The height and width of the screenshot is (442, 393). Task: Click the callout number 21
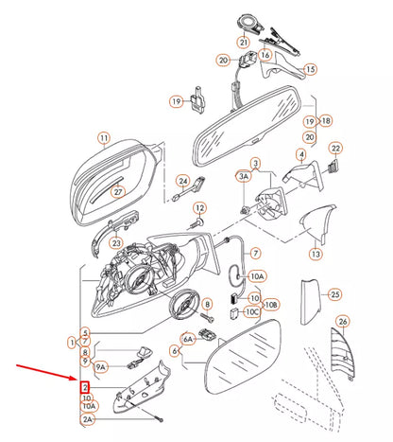pos(244,42)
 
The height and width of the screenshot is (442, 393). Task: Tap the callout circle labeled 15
pos(310,69)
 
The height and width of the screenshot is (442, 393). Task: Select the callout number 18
pos(326,120)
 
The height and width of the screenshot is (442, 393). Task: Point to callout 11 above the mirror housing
pos(104,138)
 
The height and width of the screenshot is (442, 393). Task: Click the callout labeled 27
pos(118,192)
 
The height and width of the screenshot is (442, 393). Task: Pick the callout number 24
pos(183,181)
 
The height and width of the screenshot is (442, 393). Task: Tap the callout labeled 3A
pos(244,176)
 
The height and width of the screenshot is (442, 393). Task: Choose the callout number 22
pos(336,148)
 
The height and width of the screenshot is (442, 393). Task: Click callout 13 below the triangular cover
pos(316,254)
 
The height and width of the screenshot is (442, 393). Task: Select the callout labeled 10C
pos(252,312)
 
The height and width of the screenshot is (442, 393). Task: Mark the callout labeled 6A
pos(188,339)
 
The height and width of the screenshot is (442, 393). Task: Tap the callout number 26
pos(343,322)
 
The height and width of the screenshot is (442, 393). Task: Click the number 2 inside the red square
pos(85,387)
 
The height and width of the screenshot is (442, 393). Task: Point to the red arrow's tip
pos(77,379)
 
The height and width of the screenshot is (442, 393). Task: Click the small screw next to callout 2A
pos(160,420)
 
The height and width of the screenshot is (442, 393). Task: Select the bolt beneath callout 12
pos(196,223)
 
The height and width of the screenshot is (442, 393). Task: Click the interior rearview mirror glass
pos(248,126)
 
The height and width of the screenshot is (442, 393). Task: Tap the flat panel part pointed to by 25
pos(310,302)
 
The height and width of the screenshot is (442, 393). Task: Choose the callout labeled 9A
pos(100,366)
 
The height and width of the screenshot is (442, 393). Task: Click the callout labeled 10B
pos(271,305)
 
